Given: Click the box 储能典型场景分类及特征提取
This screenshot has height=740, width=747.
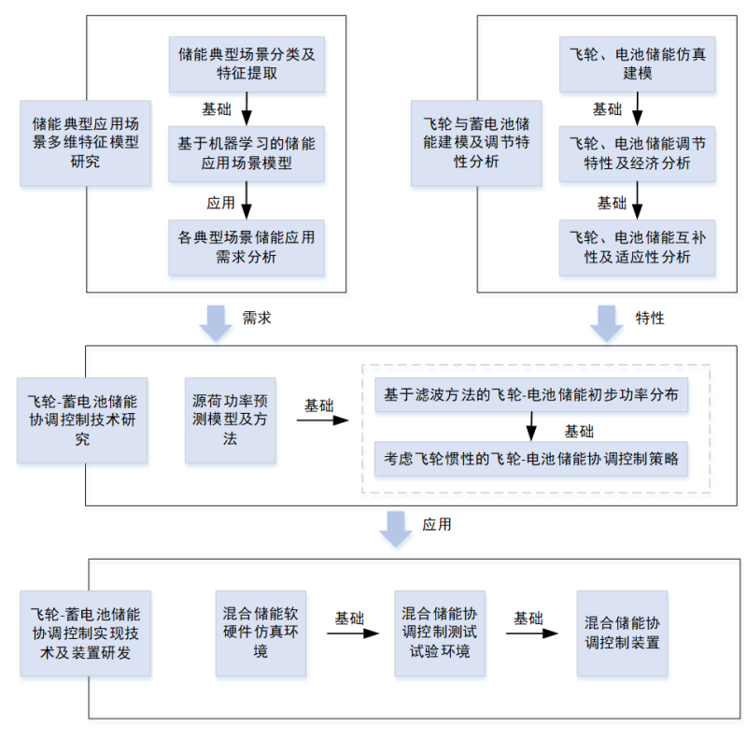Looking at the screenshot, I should coord(247,64).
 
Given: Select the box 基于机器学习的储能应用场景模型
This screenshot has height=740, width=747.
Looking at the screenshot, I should coord(247,154).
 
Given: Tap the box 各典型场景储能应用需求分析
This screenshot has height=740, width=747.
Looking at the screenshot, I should coord(247,248).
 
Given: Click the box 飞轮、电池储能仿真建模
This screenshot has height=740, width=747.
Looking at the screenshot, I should coord(638,64).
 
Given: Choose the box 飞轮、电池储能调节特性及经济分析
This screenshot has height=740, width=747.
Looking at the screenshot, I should coord(638,154).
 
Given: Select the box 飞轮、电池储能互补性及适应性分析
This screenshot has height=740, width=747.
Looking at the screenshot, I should coord(638,248).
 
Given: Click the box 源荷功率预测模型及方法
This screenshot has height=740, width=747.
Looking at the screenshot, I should coord(230,420).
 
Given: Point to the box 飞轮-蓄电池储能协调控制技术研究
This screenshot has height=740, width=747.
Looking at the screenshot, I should coord(82,420).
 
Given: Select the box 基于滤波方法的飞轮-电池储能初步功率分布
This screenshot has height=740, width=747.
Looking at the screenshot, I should coord(531,396).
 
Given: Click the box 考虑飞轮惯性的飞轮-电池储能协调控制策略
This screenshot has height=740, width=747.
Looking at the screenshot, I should coord(531,459).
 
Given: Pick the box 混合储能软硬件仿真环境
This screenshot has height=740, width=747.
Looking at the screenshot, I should coord(261,633).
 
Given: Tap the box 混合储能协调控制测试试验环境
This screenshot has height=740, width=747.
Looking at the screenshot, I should coord(440,633).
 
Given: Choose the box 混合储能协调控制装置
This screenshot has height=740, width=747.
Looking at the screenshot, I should coord(622,633).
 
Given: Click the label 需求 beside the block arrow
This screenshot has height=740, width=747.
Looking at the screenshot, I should coord(257,318).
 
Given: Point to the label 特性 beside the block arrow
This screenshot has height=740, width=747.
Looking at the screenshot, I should coord(650,318).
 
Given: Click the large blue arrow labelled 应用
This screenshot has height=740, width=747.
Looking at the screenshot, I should coord(396,529).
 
